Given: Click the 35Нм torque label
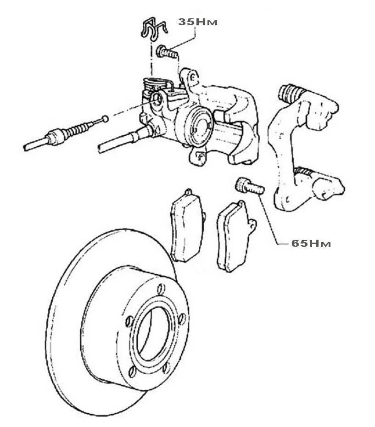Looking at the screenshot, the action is (x=198, y=22).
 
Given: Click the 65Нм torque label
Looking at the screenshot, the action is (x=311, y=243).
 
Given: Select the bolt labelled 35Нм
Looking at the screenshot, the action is (x=167, y=52).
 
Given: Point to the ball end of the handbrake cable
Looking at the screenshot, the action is (x=105, y=119).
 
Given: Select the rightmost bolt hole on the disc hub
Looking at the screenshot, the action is (x=182, y=319).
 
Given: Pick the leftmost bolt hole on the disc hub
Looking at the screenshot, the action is (x=129, y=322).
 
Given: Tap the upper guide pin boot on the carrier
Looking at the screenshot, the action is (x=290, y=92).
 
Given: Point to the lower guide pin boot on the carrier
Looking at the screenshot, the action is (x=303, y=171).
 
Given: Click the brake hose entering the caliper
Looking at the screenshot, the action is (x=123, y=141).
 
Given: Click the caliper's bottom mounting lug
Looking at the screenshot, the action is (x=198, y=156).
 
